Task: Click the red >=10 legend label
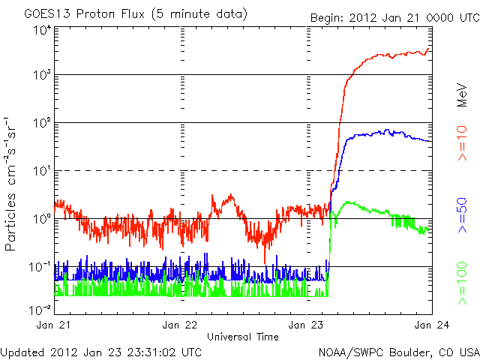(463, 143)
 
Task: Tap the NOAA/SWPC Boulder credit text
(398, 351)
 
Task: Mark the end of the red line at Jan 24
(429, 49)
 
